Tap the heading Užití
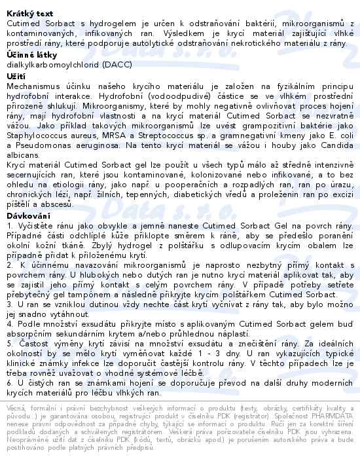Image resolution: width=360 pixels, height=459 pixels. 16,76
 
